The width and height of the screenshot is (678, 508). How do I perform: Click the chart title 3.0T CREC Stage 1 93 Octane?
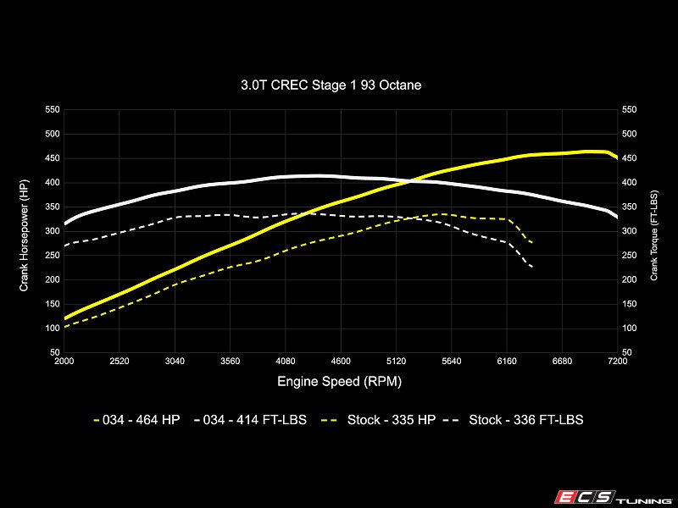coord(331,85)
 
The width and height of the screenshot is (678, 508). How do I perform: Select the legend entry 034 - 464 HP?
coord(136,419)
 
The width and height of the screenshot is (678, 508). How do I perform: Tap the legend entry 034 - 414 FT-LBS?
coord(250,419)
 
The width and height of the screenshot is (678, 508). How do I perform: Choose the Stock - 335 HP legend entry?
coord(379,419)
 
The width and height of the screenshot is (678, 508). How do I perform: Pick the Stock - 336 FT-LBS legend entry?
coord(514,419)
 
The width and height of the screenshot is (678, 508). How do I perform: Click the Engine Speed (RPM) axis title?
coord(340,382)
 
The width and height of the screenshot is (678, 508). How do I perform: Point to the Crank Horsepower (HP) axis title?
coord(24,235)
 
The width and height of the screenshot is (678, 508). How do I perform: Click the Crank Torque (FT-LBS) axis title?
coord(653,235)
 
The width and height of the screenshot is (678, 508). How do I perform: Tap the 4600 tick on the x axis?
coord(341,362)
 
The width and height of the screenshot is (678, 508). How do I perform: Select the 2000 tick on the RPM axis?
coord(64,362)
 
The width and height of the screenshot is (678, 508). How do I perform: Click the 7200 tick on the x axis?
coord(618,362)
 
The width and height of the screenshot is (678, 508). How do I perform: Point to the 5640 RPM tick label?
coord(452,362)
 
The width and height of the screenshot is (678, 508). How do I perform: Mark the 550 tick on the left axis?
coord(53,110)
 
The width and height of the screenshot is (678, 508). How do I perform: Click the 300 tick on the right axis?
coord(629,231)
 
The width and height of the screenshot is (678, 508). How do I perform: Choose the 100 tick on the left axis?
coord(53,329)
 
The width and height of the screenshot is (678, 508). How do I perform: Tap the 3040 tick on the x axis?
coord(175,362)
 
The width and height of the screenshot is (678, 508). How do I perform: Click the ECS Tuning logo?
coord(614,498)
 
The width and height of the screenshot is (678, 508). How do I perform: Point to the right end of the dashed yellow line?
coord(531,242)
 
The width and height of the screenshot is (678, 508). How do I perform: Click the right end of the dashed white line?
coord(531,267)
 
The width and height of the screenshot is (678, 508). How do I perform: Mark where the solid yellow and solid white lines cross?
coord(409,181)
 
